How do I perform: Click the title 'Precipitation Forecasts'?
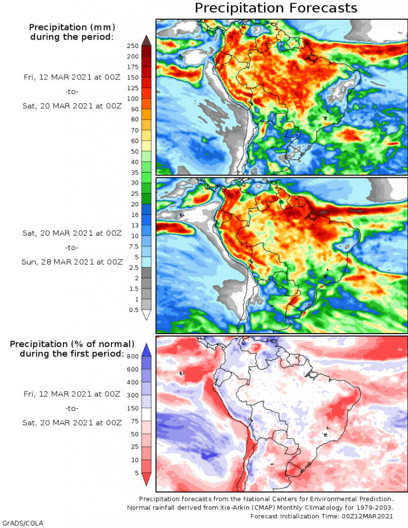275,8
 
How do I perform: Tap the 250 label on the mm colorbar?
133,45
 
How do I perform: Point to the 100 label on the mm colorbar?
133,98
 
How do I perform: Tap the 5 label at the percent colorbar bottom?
136,473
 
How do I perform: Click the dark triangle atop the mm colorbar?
146,40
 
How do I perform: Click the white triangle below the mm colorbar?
146,315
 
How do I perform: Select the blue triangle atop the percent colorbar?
146,349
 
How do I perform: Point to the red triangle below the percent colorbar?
146,479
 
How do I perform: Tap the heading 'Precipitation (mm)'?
72,27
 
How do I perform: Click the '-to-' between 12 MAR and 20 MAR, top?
72,92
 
